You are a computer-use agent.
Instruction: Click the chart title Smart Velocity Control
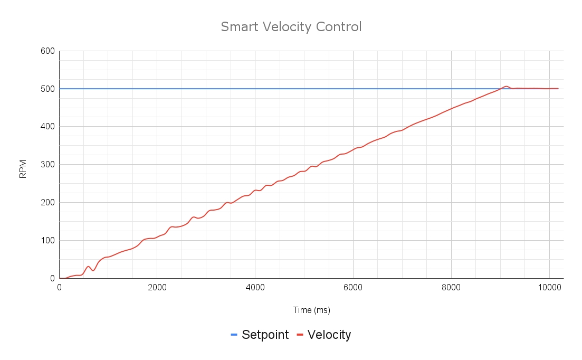point(291,26)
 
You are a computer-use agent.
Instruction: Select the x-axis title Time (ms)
point(311,310)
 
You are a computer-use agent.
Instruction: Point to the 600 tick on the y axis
point(47,51)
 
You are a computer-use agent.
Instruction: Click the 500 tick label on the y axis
point(47,89)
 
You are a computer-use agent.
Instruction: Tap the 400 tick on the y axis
point(47,127)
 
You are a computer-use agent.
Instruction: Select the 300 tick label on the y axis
point(47,165)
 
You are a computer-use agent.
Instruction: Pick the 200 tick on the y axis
point(47,203)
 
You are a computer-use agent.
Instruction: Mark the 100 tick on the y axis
point(47,241)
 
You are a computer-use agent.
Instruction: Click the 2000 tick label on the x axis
point(157,288)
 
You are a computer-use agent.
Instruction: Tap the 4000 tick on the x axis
point(255,288)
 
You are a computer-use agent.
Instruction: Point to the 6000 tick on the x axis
point(354,288)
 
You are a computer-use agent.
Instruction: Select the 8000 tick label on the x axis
point(451,288)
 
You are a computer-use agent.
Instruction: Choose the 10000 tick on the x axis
point(549,288)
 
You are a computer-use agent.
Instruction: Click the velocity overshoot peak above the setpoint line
point(505,86)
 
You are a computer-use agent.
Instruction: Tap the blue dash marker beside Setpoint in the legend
point(234,335)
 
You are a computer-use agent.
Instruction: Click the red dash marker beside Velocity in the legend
point(300,335)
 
